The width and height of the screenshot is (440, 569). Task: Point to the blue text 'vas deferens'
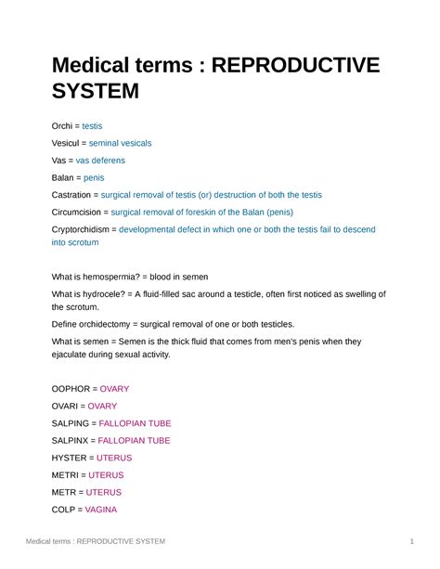coord(99,160)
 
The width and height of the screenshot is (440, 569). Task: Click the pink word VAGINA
coord(99,509)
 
